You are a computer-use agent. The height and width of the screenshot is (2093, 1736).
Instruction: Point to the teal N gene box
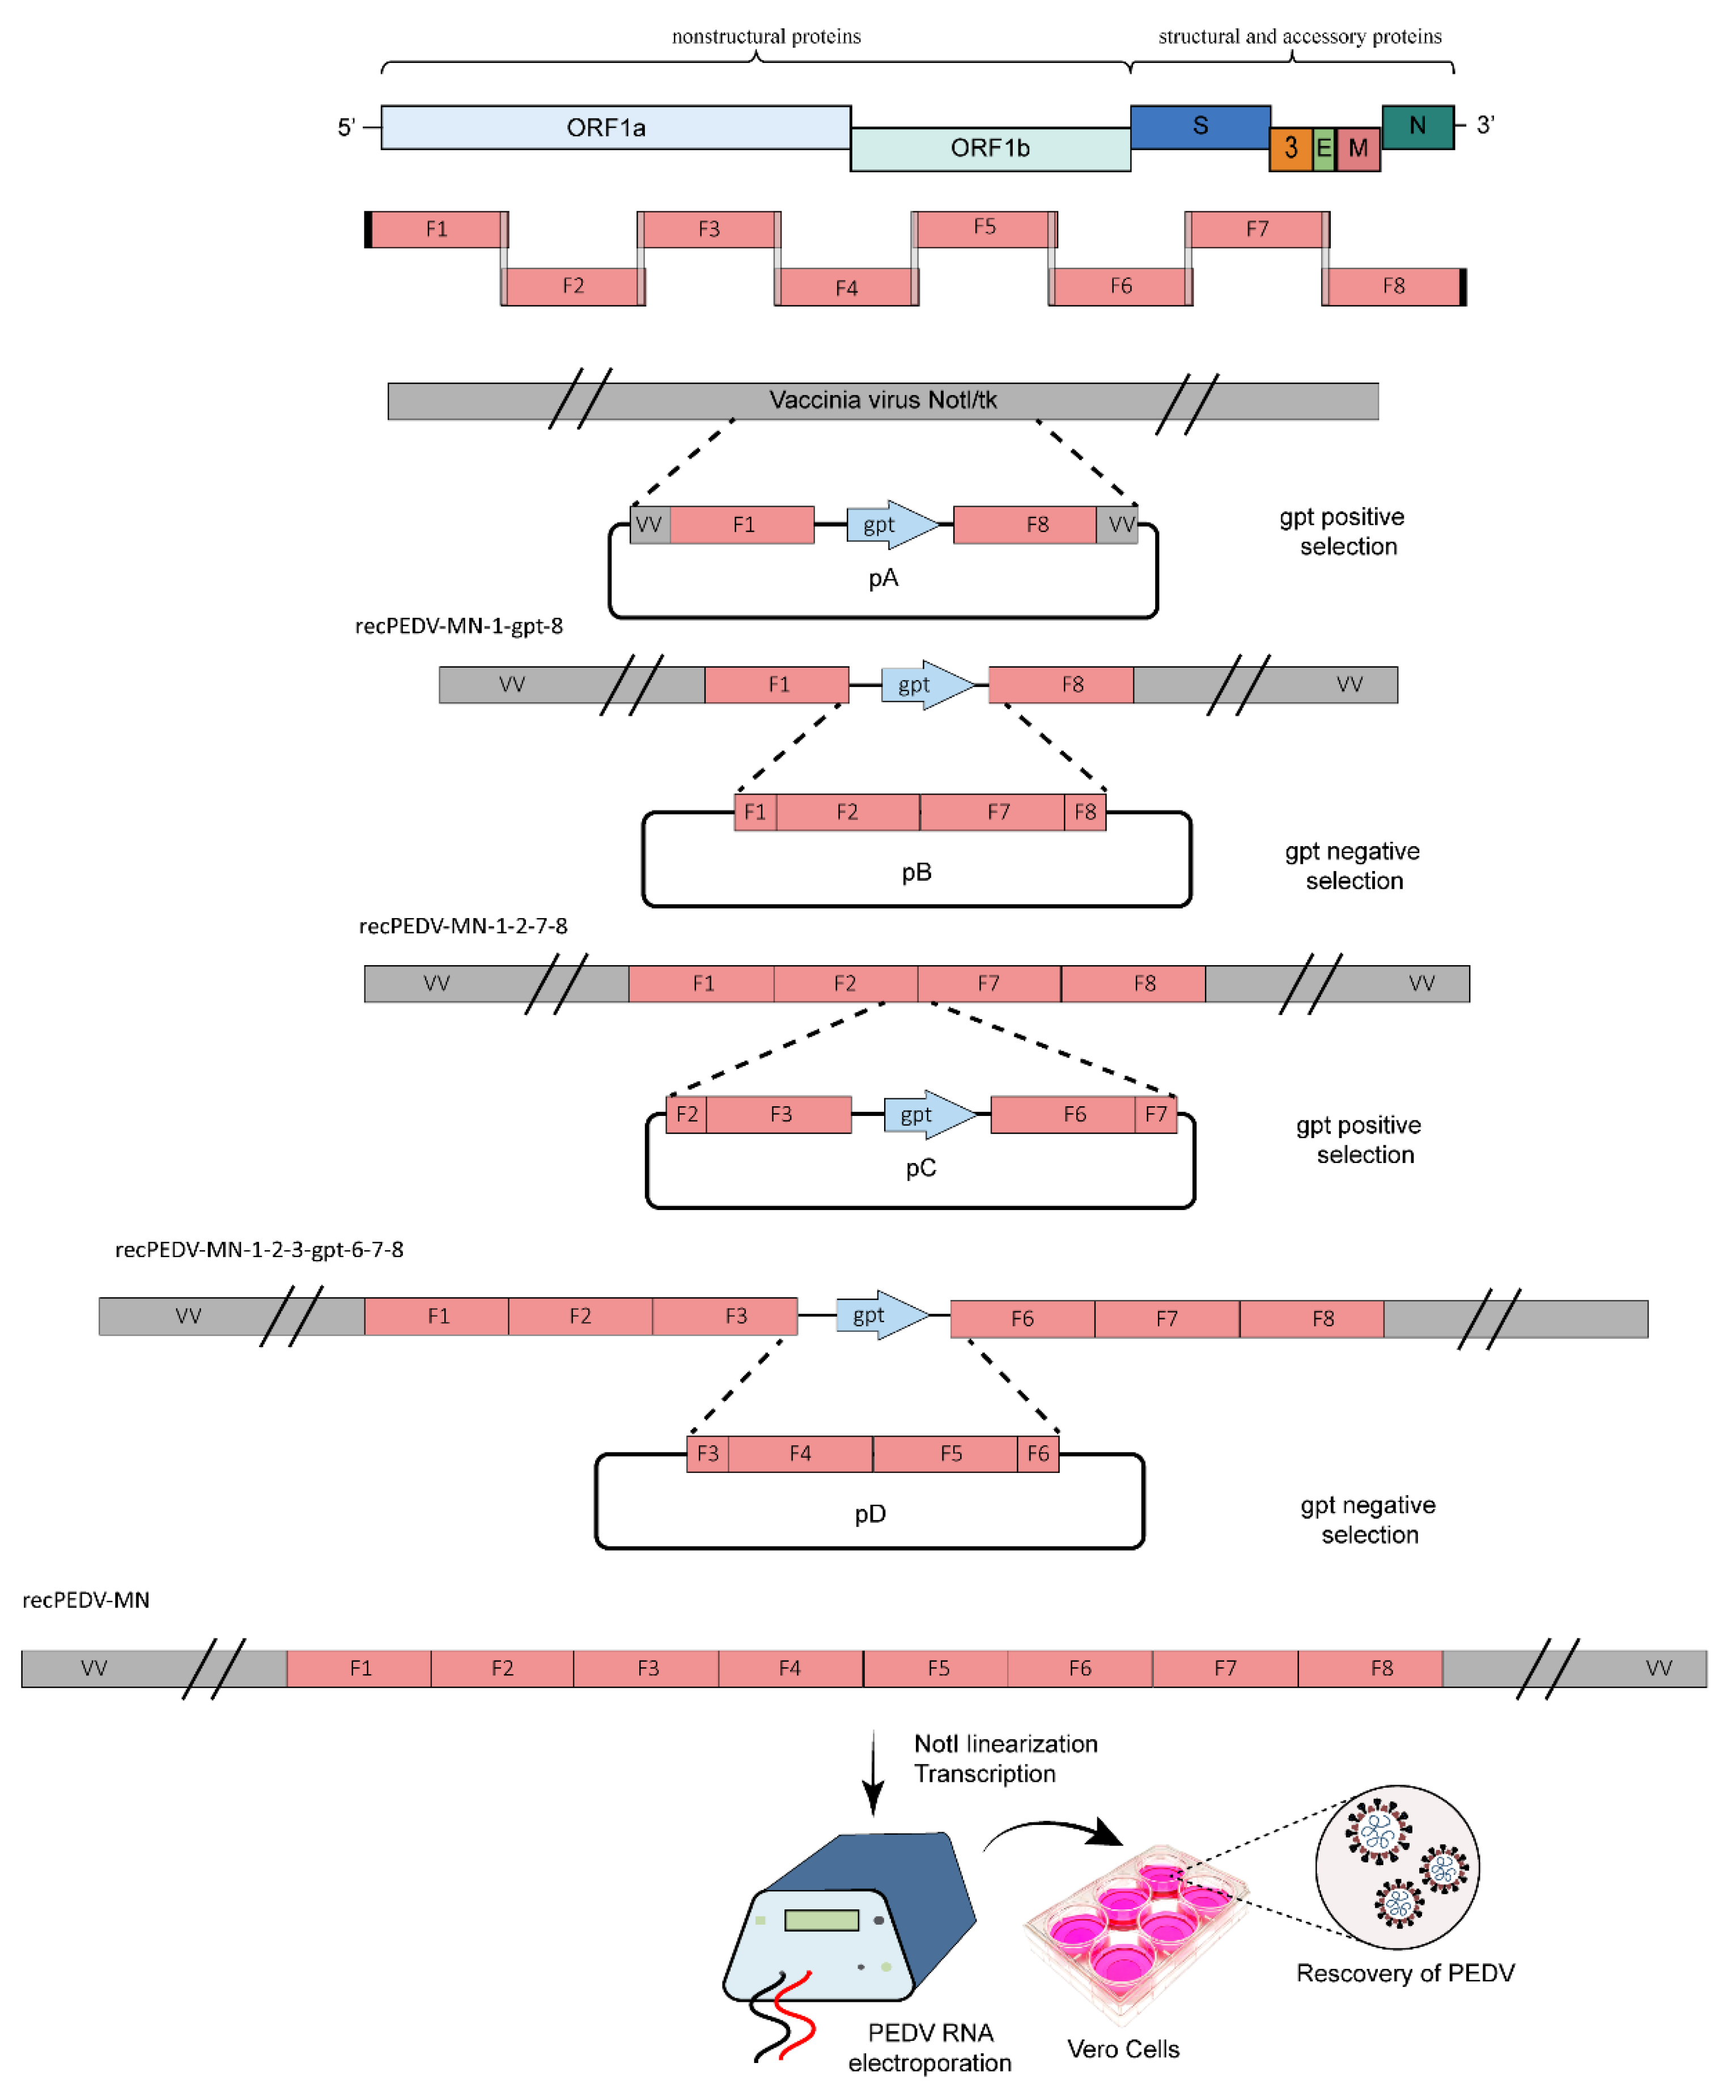coord(1416,126)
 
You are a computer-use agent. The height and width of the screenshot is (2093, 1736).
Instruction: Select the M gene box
coord(1357,150)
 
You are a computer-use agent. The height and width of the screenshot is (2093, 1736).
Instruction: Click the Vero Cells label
coord(1123,2049)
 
